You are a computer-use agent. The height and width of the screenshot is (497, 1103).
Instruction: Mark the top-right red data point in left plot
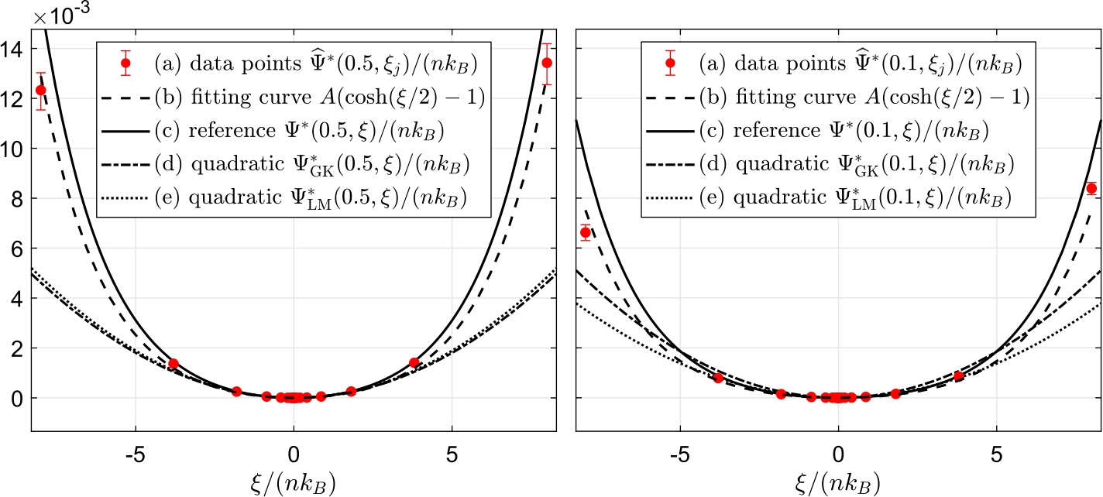(x=547, y=63)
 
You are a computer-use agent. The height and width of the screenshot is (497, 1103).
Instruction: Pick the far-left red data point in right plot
(x=586, y=232)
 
